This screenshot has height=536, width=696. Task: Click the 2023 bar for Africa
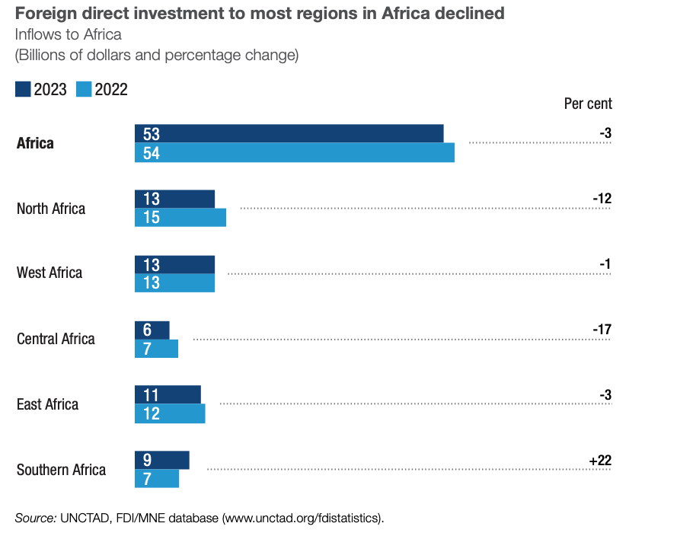pyautogui.click(x=289, y=133)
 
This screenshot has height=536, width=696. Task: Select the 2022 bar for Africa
pyautogui.click(x=295, y=152)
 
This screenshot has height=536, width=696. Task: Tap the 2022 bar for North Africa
pyautogui.click(x=180, y=218)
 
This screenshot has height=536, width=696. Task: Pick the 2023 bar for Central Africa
pyautogui.click(x=152, y=330)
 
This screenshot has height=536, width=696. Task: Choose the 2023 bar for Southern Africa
pyautogui.click(x=162, y=460)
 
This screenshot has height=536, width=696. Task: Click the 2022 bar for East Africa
pyautogui.click(x=170, y=413)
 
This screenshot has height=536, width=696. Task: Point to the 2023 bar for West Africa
pyautogui.click(x=175, y=264)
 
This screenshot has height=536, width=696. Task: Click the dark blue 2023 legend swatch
pyautogui.click(x=23, y=90)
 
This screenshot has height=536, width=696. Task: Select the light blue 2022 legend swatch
pyautogui.click(x=84, y=90)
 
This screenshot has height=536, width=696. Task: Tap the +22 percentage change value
pyautogui.click(x=600, y=461)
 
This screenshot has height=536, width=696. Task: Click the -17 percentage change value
pyautogui.click(x=602, y=330)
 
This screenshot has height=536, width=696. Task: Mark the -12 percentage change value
pyautogui.click(x=602, y=199)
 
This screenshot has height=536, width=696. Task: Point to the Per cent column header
pyautogui.click(x=588, y=104)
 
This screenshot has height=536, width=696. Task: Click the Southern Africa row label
pyautogui.click(x=61, y=470)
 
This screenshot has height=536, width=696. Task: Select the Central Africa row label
pyautogui.click(x=56, y=339)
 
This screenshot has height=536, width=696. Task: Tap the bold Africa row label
pyautogui.click(x=35, y=143)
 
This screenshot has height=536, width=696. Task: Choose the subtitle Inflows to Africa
pyautogui.click(x=68, y=35)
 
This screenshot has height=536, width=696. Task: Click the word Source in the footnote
pyautogui.click(x=35, y=518)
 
